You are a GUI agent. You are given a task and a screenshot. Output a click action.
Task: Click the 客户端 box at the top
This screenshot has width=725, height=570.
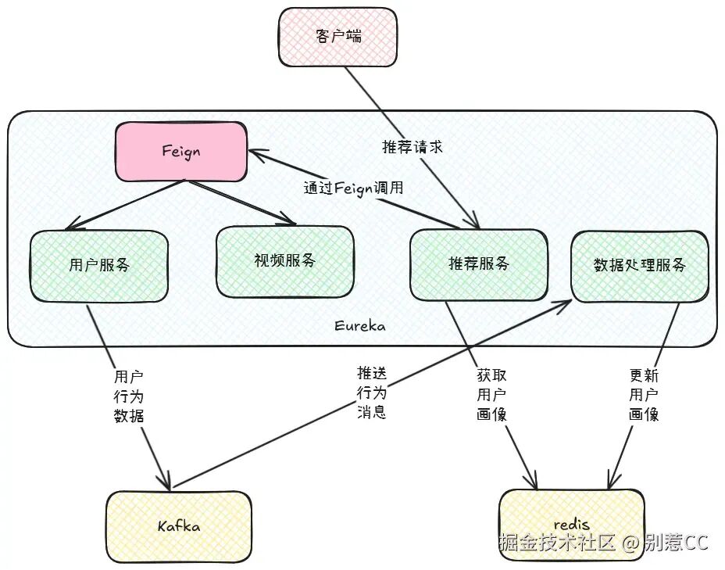pos(337,37)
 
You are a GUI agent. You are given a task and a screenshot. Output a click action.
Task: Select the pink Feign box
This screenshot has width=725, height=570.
pos(181,151)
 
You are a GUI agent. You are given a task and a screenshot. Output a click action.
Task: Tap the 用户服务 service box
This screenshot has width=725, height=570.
pos(99,264)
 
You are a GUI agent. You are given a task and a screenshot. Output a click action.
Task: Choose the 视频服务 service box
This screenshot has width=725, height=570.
pos(284,261)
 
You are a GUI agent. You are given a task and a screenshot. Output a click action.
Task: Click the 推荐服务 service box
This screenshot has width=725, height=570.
pos(478,264)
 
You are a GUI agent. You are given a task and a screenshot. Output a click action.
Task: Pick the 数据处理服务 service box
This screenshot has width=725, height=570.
pos(639,265)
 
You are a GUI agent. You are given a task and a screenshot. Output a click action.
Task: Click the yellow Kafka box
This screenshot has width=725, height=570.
pos(179,526)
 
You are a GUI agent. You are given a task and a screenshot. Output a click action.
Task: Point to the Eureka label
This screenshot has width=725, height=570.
pos(359,326)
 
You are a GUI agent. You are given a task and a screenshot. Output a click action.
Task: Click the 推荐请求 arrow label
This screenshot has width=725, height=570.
pos(412,147)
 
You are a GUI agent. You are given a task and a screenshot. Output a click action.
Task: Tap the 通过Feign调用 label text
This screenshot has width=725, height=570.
pos(353,188)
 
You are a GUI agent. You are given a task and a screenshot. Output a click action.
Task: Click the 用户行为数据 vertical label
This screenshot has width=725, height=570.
pos(129,396)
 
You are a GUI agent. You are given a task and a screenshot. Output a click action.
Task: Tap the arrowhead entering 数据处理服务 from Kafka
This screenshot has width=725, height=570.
pos(565,304)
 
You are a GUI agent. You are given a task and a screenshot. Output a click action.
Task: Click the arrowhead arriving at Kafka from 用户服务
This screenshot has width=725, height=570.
pos(165,482)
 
